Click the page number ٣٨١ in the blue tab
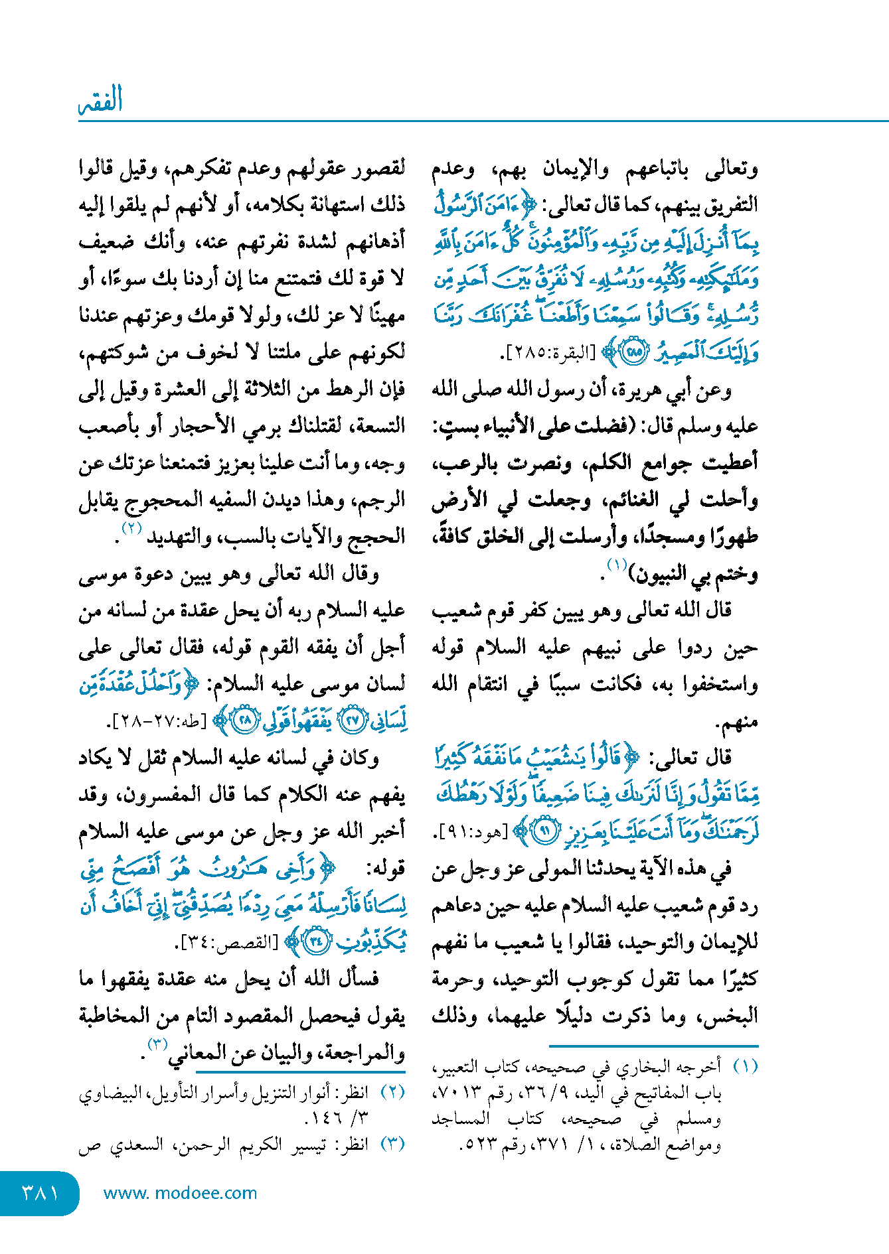40,1192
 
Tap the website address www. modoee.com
180,1193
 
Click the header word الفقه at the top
101,101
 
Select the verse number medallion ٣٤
317,941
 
